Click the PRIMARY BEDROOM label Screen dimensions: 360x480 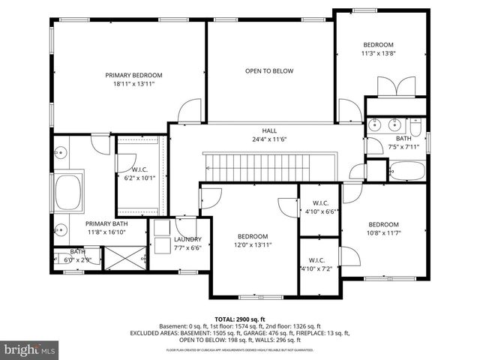[133, 75]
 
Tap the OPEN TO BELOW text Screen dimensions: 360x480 [268, 71]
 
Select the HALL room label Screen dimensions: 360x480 [269, 130]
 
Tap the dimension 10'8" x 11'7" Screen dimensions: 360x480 [382, 234]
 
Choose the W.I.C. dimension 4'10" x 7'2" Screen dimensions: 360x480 [319, 268]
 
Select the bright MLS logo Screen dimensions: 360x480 [30, 349]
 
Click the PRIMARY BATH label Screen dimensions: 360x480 [107, 223]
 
